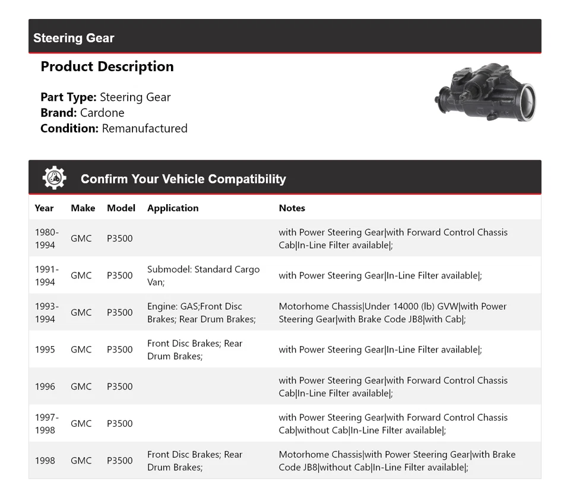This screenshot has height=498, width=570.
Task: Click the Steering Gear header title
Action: (74, 38)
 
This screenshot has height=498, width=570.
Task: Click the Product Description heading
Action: (107, 66)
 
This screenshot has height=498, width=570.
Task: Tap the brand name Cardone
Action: (102, 113)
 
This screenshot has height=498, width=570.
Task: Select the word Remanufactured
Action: (144, 128)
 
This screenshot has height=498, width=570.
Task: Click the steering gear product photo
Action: (486, 93)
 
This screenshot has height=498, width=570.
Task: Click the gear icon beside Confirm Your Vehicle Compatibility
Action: (54, 178)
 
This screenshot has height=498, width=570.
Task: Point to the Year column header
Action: (44, 208)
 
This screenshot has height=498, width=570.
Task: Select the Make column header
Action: (83, 208)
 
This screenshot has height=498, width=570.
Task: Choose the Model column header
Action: (121, 208)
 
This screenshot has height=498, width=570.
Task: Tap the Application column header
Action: (173, 208)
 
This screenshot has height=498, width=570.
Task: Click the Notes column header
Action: (292, 208)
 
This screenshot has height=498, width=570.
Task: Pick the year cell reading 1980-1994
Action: (46, 239)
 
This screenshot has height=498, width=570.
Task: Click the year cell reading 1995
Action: (45, 350)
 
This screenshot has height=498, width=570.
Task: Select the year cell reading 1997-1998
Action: (46, 423)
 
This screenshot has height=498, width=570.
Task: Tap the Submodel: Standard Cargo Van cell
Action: (203, 275)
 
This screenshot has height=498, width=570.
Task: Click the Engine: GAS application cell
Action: (201, 313)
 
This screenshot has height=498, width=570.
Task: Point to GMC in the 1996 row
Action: (81, 386)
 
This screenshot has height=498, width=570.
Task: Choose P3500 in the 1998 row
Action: (120, 461)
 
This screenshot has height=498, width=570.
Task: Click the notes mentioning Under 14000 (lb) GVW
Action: (392, 313)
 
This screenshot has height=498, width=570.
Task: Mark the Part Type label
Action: (68, 97)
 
